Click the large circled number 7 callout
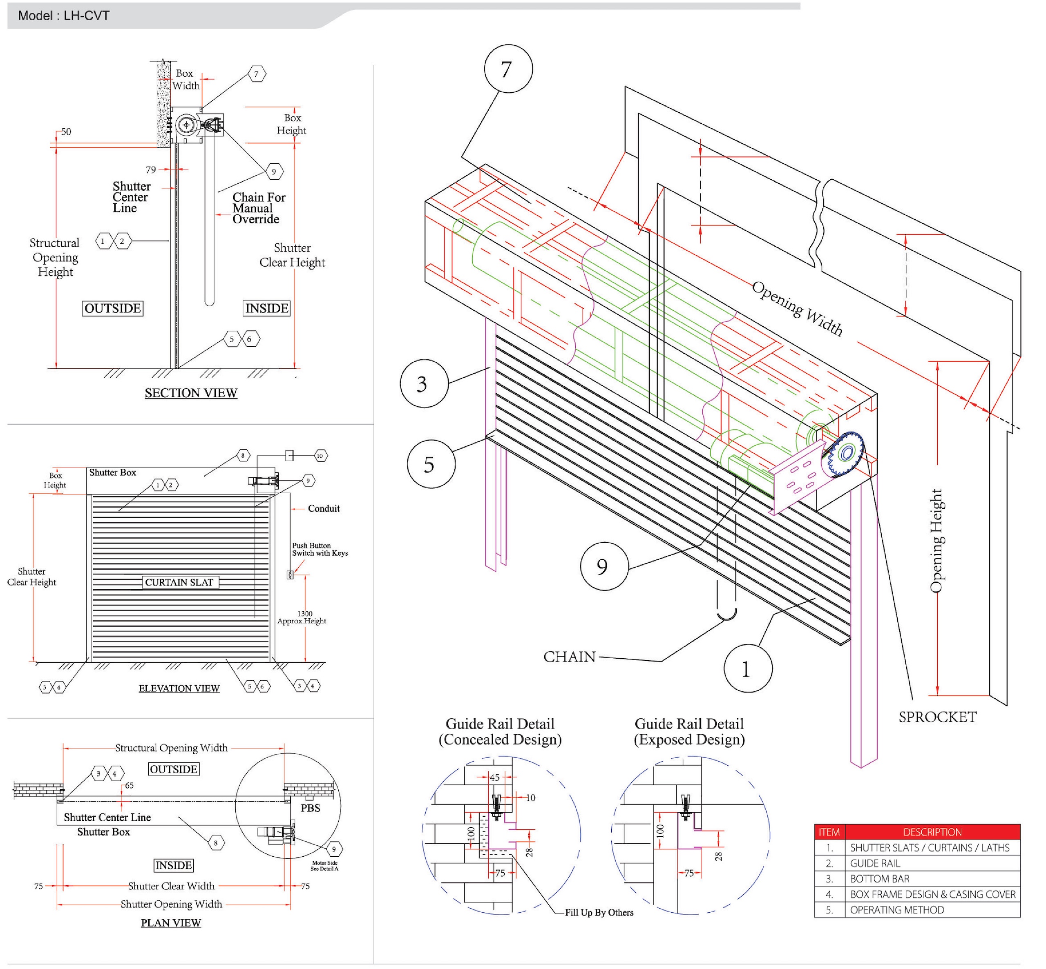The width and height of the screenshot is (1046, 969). [508, 69]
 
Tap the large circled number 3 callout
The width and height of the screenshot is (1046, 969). [424, 384]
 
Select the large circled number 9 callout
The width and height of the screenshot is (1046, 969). [604, 566]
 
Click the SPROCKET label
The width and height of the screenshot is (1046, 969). [937, 717]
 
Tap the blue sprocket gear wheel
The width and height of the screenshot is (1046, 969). [846, 454]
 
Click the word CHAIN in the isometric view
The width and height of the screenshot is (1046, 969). [569, 657]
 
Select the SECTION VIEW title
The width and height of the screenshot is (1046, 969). [191, 393]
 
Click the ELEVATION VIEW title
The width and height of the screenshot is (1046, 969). [179, 688]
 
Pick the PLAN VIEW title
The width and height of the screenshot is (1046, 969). [171, 922]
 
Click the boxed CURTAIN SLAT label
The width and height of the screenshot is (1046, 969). [179, 582]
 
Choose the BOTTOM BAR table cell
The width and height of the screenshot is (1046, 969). [880, 878]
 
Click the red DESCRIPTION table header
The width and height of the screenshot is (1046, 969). [932, 832]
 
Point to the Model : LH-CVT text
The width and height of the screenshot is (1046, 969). [63, 16]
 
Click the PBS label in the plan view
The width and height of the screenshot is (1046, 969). [310, 808]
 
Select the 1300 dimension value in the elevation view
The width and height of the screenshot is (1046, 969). [305, 613]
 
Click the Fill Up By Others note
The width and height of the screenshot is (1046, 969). [599, 912]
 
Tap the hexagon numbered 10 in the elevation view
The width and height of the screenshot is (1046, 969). [320, 456]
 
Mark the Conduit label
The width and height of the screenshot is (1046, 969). [324, 508]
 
